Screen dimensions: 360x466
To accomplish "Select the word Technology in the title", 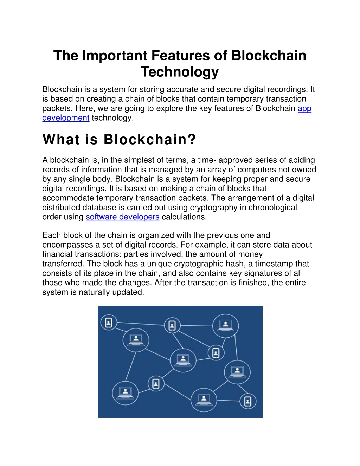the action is [180, 72].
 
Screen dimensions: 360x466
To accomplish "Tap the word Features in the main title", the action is [180, 56].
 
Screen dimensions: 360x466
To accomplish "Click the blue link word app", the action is [304, 109].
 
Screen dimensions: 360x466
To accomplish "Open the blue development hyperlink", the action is [66, 118].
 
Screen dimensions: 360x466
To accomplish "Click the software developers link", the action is [123, 217].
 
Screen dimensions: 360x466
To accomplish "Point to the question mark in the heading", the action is [192, 139].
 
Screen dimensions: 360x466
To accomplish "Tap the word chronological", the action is [272, 208].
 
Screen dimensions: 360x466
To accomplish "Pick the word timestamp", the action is [274, 264].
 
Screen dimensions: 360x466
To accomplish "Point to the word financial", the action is [57, 254].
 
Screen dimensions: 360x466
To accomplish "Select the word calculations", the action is [184, 217].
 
